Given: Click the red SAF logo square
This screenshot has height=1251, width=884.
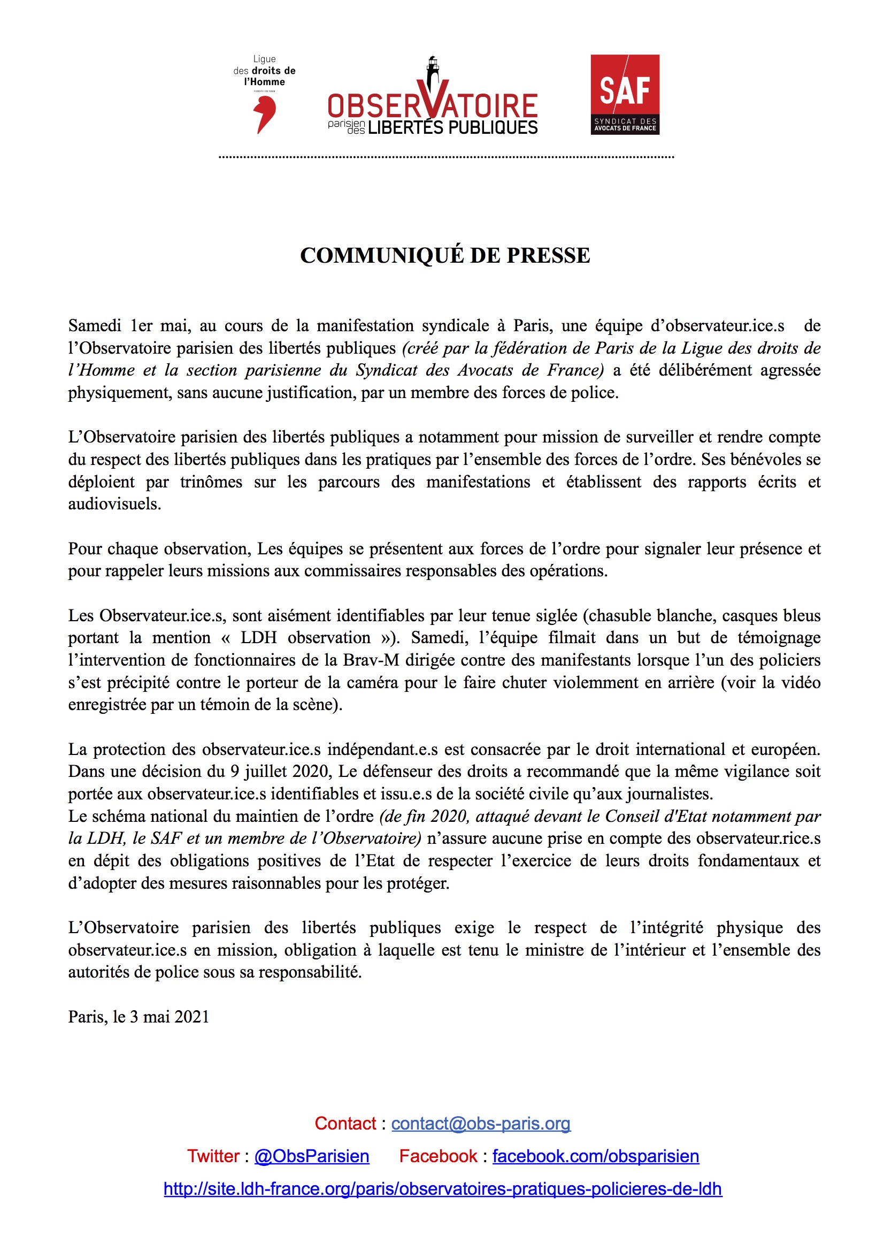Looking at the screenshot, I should coord(625,94).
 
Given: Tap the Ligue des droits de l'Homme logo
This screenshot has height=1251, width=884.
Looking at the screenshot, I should coord(265,94).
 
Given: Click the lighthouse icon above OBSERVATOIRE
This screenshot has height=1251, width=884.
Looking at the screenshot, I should coord(433,71).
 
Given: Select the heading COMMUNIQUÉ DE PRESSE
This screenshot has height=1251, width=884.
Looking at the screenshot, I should coord(445,256).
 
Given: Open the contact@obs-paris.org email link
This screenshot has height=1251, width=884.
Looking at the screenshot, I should coord(480,1123).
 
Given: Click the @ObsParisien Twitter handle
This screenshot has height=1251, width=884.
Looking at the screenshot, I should coord(312,1156).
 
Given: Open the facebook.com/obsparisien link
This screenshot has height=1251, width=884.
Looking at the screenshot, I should coord(595,1156).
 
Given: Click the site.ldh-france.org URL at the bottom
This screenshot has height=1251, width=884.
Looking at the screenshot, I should coord(443,1188).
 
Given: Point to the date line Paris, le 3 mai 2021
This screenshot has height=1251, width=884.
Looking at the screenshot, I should coord(139,1017).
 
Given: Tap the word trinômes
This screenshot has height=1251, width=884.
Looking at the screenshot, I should coord(211,482).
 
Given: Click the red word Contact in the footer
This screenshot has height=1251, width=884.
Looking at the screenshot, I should coord(345,1123).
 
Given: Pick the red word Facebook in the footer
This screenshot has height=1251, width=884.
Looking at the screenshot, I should coord(438,1156).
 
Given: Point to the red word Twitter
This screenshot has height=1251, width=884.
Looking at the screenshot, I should coord(213,1156).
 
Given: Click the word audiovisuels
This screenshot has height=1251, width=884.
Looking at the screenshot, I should coord(114,504).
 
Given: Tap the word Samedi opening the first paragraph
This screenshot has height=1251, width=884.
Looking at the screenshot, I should coord(95,326).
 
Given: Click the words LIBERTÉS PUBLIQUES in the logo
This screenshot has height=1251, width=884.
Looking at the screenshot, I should coord(452,127).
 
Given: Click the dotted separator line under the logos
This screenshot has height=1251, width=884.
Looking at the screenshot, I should coord(446,157).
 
